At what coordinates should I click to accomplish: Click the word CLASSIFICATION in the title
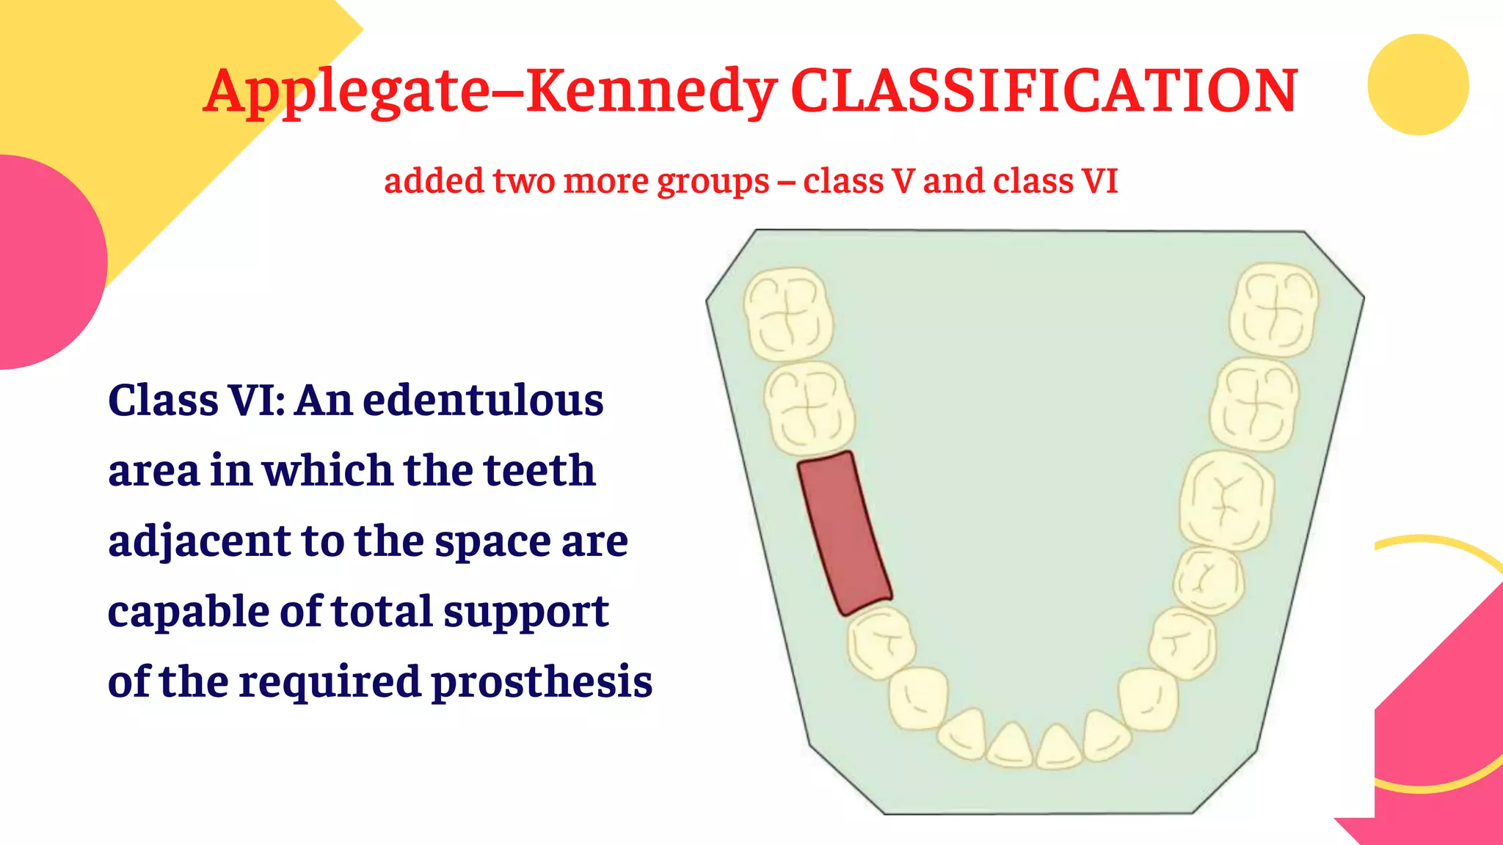(1044, 91)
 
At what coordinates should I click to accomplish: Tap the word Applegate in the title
(346, 92)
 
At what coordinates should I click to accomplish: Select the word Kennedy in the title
(651, 92)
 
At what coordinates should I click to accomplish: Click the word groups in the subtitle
(713, 182)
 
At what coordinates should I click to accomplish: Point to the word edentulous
(483, 400)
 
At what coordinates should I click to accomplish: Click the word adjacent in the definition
(199, 542)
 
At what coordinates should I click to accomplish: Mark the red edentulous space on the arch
(844, 533)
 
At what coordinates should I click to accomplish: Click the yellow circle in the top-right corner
(1418, 84)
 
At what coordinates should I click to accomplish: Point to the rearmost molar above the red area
(788, 314)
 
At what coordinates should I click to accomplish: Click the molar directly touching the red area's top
(809, 408)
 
